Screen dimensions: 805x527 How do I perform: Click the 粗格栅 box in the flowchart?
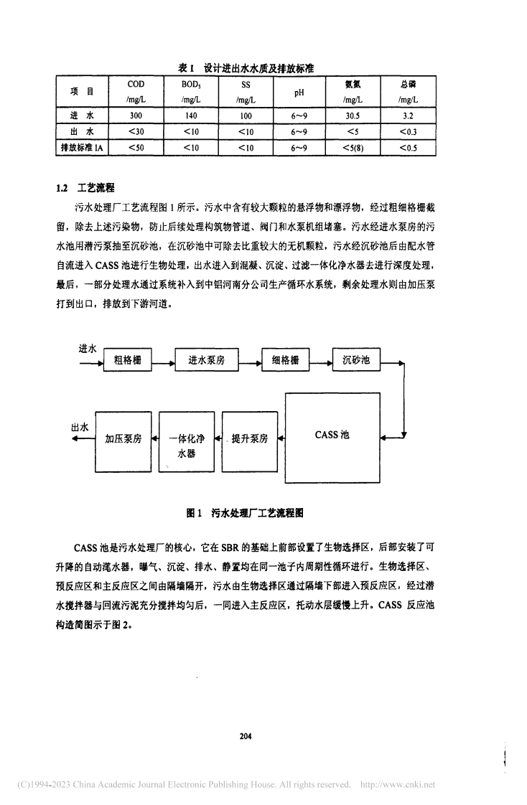127,361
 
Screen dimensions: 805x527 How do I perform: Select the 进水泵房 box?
206,361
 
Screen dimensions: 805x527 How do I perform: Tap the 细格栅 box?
285,361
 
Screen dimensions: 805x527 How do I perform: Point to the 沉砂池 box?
356,361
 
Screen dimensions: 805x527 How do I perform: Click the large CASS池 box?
332,436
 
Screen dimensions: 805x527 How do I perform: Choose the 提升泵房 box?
248,438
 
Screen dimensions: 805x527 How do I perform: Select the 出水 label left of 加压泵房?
80,427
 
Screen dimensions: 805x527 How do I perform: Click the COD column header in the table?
136,85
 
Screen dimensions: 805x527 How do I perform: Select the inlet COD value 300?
135,115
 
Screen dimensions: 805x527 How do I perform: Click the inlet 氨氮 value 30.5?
353,115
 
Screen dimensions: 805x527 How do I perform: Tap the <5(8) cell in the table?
353,148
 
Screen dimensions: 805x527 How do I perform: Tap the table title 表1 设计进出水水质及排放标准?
248,67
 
